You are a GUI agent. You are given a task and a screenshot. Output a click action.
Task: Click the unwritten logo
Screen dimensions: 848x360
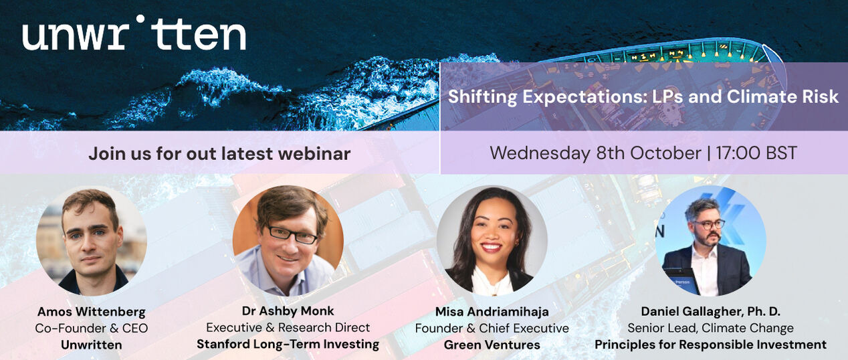[x=134, y=33]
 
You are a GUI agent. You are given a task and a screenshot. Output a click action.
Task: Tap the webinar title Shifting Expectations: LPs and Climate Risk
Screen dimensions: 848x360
[x=643, y=96]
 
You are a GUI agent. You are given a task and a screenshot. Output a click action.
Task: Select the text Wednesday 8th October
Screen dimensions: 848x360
[x=595, y=153]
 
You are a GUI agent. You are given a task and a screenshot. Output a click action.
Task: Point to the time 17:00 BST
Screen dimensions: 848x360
[x=756, y=153]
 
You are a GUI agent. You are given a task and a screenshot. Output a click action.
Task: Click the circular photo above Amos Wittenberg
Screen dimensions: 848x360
[x=91, y=241]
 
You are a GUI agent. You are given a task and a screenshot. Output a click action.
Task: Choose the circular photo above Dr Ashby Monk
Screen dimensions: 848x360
[x=288, y=241]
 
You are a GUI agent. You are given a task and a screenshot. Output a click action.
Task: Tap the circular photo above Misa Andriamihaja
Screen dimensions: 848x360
[x=492, y=241]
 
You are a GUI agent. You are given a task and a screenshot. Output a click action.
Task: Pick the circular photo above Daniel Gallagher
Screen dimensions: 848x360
[x=711, y=241]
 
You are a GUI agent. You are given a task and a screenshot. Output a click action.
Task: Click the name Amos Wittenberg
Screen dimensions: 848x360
[x=91, y=312]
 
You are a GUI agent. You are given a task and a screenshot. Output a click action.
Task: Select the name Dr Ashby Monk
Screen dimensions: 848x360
[x=288, y=311]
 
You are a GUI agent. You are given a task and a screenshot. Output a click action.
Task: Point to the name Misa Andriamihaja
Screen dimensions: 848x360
[x=492, y=312]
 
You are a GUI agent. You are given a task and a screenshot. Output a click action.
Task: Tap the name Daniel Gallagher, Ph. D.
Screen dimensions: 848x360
[x=711, y=312]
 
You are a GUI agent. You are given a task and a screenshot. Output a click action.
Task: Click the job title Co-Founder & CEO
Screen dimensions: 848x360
[x=91, y=328]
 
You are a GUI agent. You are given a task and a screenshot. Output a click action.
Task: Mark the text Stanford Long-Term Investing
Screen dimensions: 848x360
[x=288, y=344]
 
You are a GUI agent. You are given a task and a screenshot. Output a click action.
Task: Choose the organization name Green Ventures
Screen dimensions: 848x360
[x=492, y=345]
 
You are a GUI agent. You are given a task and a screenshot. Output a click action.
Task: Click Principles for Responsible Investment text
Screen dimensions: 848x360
[x=711, y=345]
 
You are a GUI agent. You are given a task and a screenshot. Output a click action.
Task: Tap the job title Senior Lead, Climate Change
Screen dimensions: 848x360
[x=711, y=328]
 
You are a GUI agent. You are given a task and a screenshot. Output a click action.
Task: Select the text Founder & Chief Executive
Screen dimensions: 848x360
[x=492, y=328]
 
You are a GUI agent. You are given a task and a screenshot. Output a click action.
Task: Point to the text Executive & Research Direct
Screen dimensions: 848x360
[x=288, y=327]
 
